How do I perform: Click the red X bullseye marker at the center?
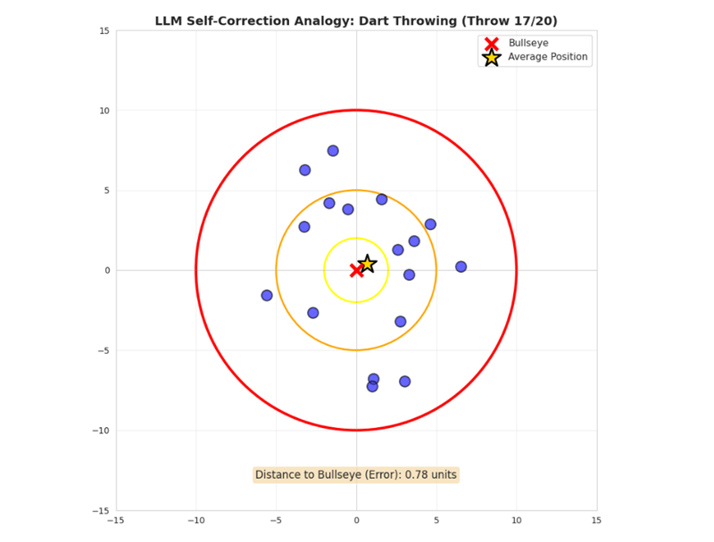pyautogui.click(x=356, y=270)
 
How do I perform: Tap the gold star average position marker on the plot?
pyautogui.click(x=366, y=264)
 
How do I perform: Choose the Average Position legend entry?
pyautogui.click(x=547, y=57)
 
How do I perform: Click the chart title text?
pyautogui.click(x=356, y=20)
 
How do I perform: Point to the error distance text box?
pyautogui.click(x=356, y=475)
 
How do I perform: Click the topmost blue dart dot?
pyautogui.click(x=333, y=151)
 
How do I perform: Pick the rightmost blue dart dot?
pyautogui.click(x=461, y=267)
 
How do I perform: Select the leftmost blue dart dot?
pyautogui.click(x=267, y=295)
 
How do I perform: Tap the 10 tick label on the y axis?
pyautogui.click(x=104, y=111)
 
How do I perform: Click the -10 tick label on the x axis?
pyautogui.click(x=195, y=521)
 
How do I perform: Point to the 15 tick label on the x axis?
pyautogui.click(x=596, y=521)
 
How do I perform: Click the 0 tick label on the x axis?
pyautogui.click(x=356, y=521)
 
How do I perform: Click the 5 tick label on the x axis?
pyautogui.click(x=436, y=521)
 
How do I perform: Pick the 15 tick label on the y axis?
pyautogui.click(x=104, y=31)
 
